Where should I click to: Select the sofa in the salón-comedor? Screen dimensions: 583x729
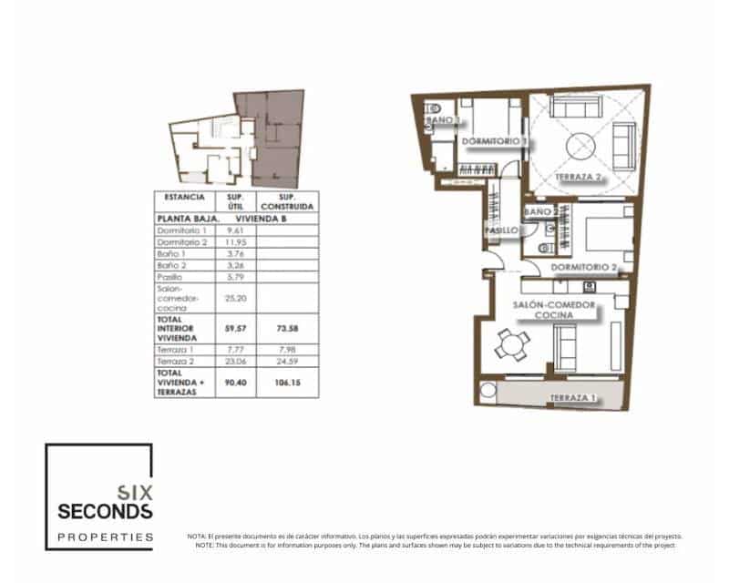click(x=564, y=347)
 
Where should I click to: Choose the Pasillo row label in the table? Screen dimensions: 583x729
click(x=170, y=276)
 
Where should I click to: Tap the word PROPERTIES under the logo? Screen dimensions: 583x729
click(x=105, y=537)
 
